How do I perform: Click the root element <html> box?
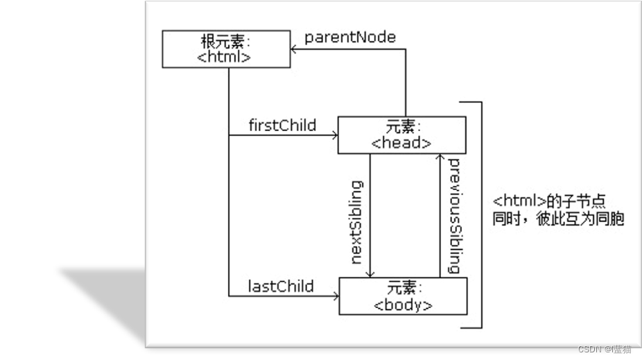click(x=226, y=49)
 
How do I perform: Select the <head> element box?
click(x=401, y=135)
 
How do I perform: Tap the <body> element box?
click(x=403, y=296)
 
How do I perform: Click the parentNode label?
click(x=350, y=37)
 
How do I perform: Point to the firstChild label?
click(x=282, y=126)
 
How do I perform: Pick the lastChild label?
click(x=281, y=286)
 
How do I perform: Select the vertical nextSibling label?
click(x=357, y=222)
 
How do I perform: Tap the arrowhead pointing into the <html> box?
click(x=295, y=49)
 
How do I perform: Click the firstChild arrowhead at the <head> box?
click(x=333, y=136)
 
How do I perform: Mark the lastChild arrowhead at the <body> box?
click(x=335, y=296)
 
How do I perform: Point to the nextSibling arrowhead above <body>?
click(x=371, y=273)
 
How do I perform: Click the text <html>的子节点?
click(x=549, y=201)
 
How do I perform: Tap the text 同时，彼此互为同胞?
click(x=558, y=219)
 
